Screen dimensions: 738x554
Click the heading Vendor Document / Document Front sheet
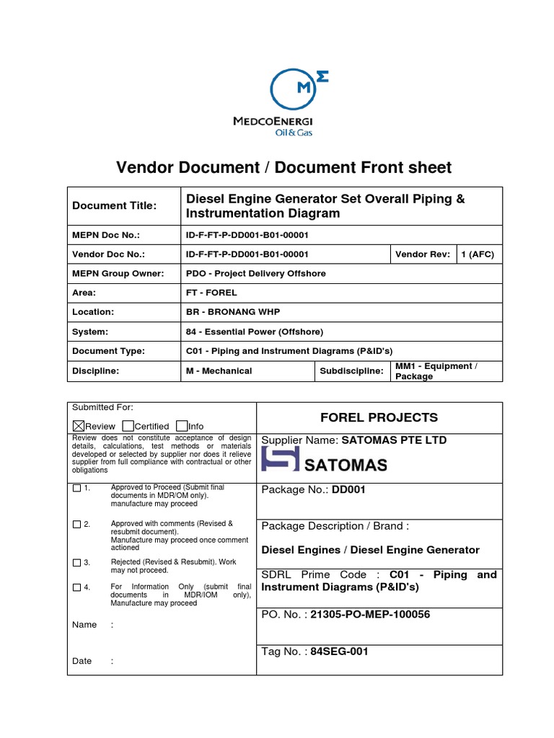tap(283, 168)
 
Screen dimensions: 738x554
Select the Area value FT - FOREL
tap(211, 293)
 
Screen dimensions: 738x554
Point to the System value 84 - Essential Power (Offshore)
tap(255, 332)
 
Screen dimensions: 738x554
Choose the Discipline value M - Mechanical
tap(219, 370)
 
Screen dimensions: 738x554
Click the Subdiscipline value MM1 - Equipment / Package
tap(436, 370)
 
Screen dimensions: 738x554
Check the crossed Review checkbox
tap(79, 426)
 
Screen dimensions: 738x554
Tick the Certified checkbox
tap(128, 426)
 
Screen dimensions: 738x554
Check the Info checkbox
tap(182, 426)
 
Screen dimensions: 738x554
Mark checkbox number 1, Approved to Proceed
tap(77, 489)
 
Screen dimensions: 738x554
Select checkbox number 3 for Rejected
tap(77, 562)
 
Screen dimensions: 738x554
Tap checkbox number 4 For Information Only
tap(77, 587)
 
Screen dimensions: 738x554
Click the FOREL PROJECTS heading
tap(379, 417)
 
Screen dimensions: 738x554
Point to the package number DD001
tap(349, 490)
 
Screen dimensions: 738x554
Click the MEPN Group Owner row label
tap(118, 274)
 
